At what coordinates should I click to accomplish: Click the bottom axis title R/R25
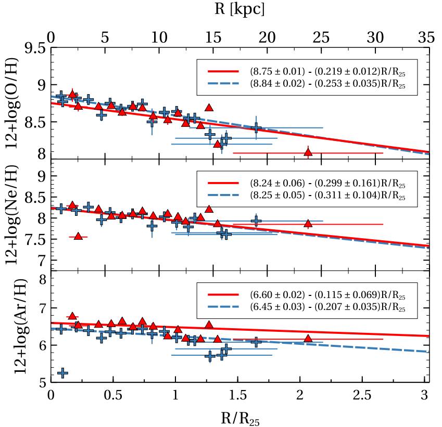click(x=239, y=416)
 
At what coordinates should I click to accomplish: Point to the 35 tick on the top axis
click(x=426, y=37)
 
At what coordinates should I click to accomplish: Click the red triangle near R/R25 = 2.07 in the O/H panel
click(x=308, y=152)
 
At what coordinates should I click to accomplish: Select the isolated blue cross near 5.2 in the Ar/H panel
click(x=62, y=373)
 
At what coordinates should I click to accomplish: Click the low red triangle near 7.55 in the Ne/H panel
click(x=78, y=236)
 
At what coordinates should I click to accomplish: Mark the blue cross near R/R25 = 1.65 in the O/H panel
click(x=256, y=127)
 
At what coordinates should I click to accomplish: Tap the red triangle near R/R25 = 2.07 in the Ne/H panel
click(x=308, y=224)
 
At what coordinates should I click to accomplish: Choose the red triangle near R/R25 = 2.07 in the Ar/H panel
click(x=308, y=338)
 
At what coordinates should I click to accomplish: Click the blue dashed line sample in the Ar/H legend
click(x=223, y=308)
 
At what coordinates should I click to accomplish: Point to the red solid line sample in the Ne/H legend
click(x=223, y=184)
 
